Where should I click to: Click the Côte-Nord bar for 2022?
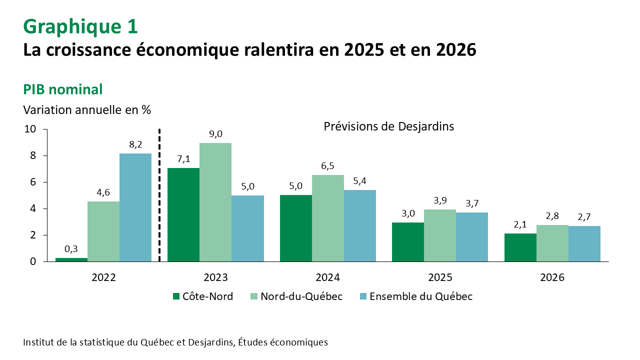click(71, 259)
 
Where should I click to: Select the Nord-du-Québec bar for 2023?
click(215, 202)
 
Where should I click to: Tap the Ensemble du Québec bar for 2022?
click(135, 207)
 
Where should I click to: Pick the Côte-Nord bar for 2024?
click(296, 228)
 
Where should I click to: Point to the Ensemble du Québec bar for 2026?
click(584, 243)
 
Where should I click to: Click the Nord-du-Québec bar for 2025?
click(440, 235)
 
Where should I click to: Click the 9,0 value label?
click(215, 133)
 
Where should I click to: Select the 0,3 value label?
click(71, 248)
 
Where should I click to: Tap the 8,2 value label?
click(135, 144)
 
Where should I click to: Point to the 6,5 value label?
click(328, 165)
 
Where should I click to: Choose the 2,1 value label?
click(520, 224)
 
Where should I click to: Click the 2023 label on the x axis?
click(215, 277)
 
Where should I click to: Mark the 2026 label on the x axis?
click(552, 277)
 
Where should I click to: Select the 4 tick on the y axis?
click(33, 208)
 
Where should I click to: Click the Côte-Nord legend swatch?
click(176, 296)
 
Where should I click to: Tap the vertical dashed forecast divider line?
click(159, 195)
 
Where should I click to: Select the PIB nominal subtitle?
click(63, 89)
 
